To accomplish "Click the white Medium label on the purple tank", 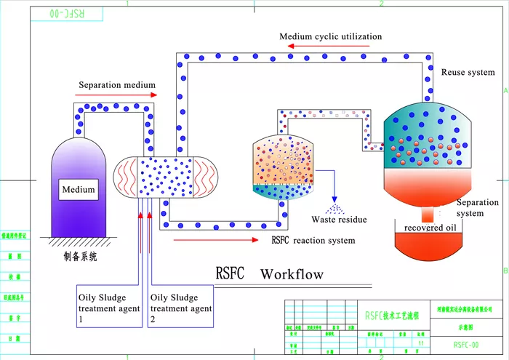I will [79, 190].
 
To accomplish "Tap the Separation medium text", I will [117, 85].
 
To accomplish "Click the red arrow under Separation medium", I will [117, 95].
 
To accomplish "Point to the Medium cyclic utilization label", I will [331, 36].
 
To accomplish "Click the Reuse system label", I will [468, 72].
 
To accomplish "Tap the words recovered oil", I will [434, 228].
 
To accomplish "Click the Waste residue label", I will [339, 220].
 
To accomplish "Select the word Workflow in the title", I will [292, 274].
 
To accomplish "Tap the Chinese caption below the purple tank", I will [80, 257].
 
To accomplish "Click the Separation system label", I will [475, 208].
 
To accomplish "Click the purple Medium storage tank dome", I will [79, 156].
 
